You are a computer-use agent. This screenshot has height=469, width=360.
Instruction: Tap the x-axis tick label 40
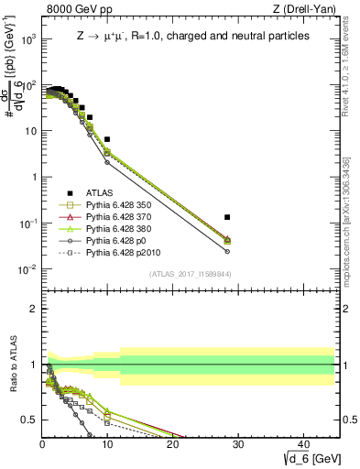click(302, 444)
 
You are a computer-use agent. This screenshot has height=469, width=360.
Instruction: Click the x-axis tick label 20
click(172, 444)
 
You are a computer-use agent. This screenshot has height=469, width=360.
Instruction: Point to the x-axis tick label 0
click(43, 444)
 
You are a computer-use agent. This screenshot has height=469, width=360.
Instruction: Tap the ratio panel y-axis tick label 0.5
click(27, 420)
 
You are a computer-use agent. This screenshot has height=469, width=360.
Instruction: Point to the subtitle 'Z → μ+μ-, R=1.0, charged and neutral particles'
click(192, 37)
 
